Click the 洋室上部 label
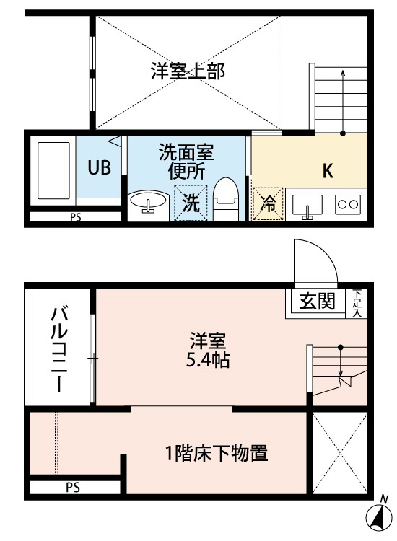pos(188,71)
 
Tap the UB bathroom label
pos(99,167)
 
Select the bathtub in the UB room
pos(53,170)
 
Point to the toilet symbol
pos(226,199)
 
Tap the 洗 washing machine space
pos(191,203)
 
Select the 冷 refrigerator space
pos(268,204)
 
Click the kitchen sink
pos(307,206)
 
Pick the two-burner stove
pos(348,204)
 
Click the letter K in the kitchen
pos(328,170)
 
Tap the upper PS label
pos(76,217)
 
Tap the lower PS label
pos(73,488)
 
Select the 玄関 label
pos(317,301)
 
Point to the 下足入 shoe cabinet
pos(357,303)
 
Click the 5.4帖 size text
pos(207,360)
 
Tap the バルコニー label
pos(60,349)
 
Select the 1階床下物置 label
pos(217,453)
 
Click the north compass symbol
pos(379,516)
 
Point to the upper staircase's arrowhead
pos(342,73)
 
